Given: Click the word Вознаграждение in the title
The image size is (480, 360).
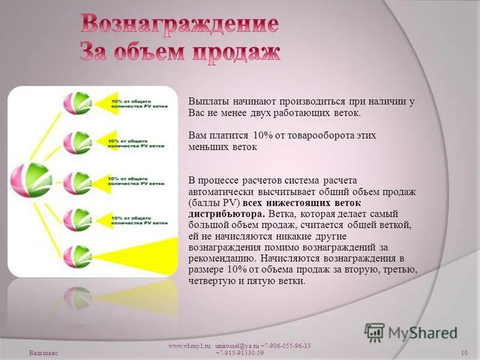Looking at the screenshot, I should [179, 25].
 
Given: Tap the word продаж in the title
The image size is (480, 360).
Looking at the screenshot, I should [235, 52].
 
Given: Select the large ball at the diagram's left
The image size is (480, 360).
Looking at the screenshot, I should [28, 180].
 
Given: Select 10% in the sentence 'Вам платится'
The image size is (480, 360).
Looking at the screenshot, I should [263, 136].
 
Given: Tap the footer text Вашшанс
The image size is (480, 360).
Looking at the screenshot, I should [43, 352].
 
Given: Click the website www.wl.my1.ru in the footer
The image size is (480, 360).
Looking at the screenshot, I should [188, 346].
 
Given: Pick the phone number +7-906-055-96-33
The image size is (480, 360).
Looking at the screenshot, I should [286, 346].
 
